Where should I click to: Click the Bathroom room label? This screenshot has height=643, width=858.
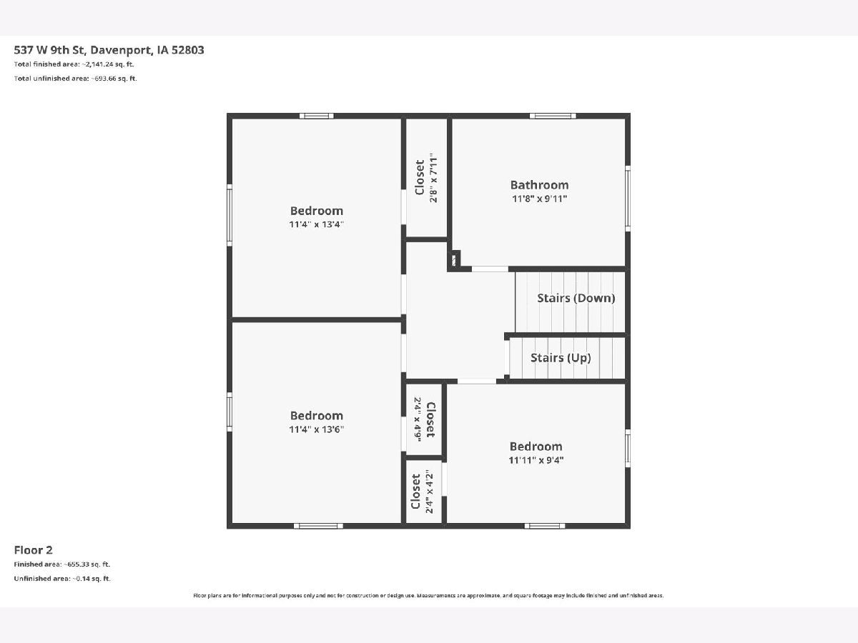tap(539, 184)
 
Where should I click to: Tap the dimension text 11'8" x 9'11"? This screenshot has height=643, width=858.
tap(539, 199)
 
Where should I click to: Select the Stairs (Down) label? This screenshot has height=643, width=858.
tap(576, 298)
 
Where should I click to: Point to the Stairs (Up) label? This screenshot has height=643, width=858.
tap(560, 358)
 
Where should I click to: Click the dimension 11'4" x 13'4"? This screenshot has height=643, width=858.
tap(316, 224)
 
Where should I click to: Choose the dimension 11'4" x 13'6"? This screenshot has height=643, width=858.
tap(316, 429)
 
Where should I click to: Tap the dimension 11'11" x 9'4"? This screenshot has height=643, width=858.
tap(536, 460)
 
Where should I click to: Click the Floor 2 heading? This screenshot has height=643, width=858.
tap(33, 550)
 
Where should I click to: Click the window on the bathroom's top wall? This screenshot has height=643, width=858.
tap(553, 116)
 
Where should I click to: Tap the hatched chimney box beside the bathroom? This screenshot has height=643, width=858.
tap(454, 260)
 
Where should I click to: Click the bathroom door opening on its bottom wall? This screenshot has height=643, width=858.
tap(490, 269)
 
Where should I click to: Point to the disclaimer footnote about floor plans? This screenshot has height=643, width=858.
tap(428, 595)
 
